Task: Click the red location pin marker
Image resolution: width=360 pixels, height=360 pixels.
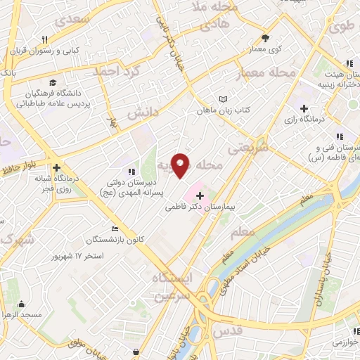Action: point(181,165)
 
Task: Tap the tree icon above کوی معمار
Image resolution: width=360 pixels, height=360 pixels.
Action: point(265,38)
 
